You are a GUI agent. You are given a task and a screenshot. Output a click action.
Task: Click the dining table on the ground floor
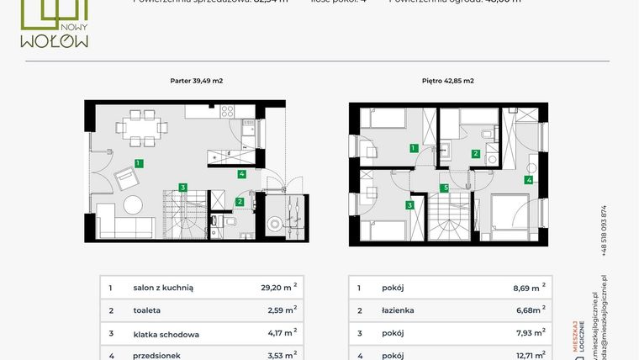tap(135, 129)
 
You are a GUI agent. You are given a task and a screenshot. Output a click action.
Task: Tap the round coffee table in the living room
tap(135, 204)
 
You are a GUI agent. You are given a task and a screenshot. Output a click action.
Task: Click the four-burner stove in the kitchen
tap(227, 111)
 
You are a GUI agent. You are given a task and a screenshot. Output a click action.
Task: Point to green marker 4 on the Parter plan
tap(241, 174)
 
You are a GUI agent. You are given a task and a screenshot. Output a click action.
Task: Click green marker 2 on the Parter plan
tap(240, 201)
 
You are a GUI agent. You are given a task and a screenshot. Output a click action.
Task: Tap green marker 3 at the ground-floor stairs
tap(182, 187)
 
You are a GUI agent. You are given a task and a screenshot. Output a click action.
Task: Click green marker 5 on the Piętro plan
tap(445, 188)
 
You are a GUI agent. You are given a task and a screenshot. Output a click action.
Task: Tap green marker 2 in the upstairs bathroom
tap(476, 153)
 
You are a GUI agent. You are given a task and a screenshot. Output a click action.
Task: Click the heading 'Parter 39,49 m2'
tap(196, 81)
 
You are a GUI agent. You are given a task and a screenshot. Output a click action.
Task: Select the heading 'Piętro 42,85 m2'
tap(447, 81)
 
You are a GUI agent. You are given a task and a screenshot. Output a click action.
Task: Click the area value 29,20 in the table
tap(275, 287)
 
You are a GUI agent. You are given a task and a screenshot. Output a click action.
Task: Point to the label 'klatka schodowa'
tap(166, 334)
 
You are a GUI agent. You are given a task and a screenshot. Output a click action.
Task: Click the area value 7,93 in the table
tap(526, 334)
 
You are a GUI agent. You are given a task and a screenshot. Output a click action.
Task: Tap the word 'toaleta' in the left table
tap(148, 310)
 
